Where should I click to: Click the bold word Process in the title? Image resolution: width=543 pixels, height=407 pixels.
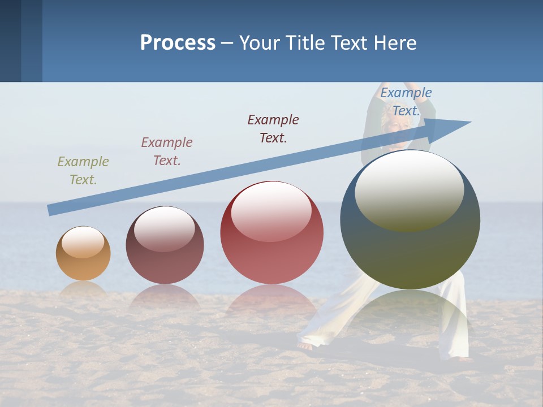(178, 42)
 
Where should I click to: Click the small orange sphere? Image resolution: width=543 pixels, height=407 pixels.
(83, 254)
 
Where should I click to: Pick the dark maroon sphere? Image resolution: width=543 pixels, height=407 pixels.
(165, 245)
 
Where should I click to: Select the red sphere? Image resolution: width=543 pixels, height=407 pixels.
(271, 232)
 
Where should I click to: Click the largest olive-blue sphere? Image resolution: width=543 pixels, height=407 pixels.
(410, 219)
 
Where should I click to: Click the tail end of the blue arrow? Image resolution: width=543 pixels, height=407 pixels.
(50, 210)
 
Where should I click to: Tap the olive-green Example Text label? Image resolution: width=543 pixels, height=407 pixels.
(83, 170)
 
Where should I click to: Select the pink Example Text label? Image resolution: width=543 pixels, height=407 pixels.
(167, 151)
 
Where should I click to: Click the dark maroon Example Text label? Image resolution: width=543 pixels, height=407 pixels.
(273, 128)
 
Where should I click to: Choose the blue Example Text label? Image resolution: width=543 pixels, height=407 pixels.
(406, 101)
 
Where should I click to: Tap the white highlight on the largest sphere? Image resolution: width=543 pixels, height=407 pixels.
(409, 190)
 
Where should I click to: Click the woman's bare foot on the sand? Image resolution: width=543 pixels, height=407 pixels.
(305, 345)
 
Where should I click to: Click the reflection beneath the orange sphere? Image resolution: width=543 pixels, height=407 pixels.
(83, 289)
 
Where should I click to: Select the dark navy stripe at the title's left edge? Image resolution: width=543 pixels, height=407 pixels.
(10, 41)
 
